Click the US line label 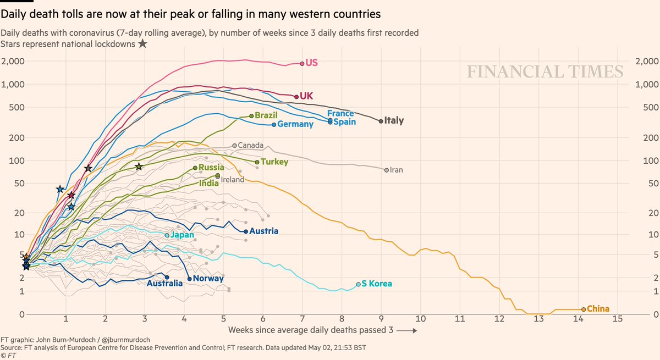tap(312, 63)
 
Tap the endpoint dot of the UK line tap(296, 97)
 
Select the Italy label tap(394, 120)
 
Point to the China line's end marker tap(583, 309)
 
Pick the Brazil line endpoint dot tap(251, 116)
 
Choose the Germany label tap(295, 124)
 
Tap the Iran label tap(396, 170)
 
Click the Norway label tap(208, 278)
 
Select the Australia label tap(164, 284)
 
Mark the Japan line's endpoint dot tap(167, 235)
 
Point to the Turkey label tap(275, 162)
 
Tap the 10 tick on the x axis tap(421, 319)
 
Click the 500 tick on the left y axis tap(16, 107)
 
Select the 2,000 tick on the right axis tap(647, 61)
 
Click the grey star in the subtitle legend tap(142, 43)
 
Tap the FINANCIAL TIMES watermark tap(545, 72)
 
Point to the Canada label tap(251, 146)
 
